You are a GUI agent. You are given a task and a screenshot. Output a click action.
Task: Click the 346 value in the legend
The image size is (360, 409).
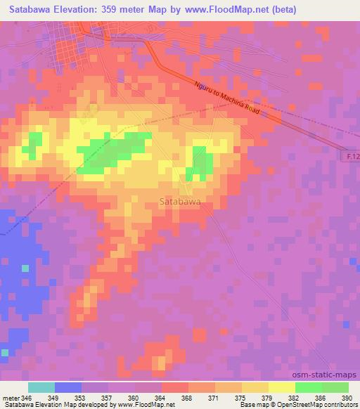point(26,398)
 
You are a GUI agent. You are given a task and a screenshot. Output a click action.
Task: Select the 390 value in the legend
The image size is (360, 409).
point(347,398)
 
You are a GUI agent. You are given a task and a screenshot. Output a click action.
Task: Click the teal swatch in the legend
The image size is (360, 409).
point(41,387)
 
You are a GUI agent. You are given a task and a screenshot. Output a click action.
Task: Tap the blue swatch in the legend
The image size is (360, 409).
point(67,387)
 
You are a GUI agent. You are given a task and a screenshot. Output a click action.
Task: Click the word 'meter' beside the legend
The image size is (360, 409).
point(11,398)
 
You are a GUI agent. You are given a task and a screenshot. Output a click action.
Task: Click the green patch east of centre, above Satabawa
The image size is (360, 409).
point(202,163)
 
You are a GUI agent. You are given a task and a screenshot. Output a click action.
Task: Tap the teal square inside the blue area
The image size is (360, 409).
point(25,268)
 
